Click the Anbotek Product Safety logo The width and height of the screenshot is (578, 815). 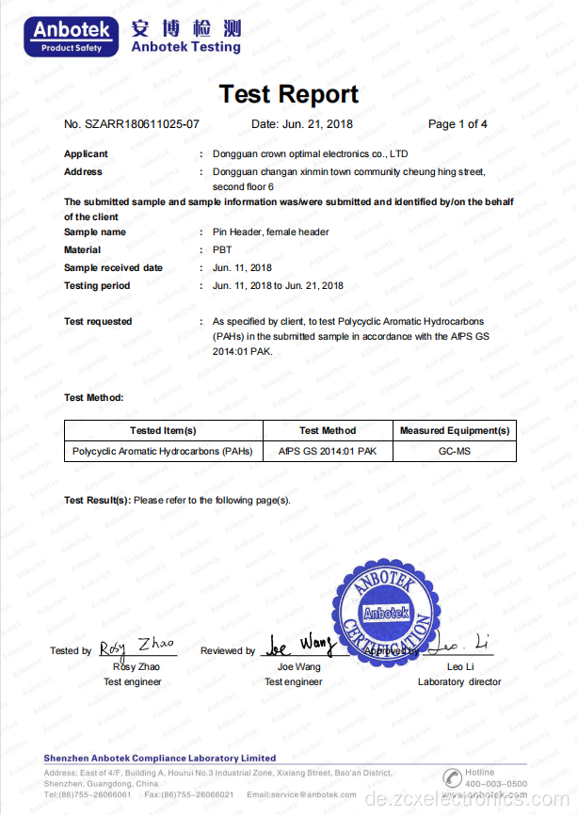[75, 36]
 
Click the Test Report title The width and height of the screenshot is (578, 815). [288, 94]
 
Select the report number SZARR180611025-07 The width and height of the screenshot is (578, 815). [132, 124]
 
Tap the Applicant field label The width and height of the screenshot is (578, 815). [86, 153]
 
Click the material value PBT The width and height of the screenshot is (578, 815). [222, 249]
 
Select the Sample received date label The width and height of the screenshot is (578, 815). [113, 267]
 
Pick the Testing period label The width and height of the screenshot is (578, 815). [97, 285]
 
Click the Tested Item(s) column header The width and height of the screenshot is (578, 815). [163, 430]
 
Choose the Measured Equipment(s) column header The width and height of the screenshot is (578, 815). [455, 430]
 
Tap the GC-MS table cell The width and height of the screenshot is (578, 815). [455, 452]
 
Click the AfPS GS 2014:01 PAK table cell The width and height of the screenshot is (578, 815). [328, 452]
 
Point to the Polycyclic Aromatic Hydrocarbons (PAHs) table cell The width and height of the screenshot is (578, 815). [163, 452]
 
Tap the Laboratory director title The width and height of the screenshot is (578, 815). [459, 681]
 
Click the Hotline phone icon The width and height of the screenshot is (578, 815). [454, 777]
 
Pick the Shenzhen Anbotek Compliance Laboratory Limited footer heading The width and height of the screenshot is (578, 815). [160, 758]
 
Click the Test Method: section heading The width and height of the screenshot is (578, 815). [93, 398]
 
